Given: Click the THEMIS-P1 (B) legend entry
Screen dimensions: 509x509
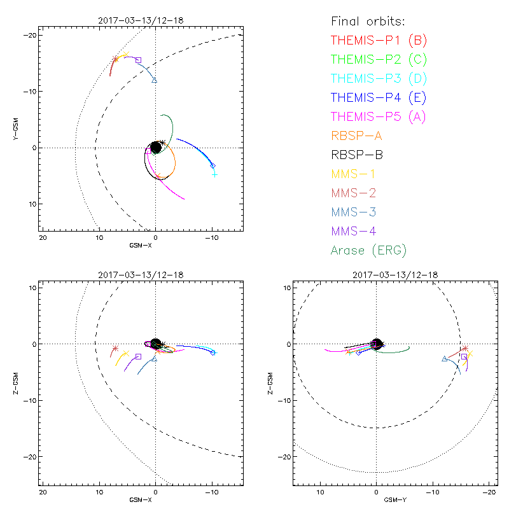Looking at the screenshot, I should (x=379, y=41).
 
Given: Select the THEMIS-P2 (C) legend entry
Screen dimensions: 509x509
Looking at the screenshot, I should (x=379, y=60).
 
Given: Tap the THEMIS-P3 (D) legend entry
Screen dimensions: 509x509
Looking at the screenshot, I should (x=379, y=79).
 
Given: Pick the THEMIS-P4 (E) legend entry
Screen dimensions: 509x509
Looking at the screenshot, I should (x=379, y=98).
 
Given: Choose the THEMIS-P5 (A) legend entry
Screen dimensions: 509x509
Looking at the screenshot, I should (x=379, y=117).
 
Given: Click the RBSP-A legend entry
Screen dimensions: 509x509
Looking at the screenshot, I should (x=356, y=136).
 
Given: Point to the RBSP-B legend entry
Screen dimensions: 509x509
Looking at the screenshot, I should (x=356, y=155).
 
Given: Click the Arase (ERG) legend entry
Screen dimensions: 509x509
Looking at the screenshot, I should (x=368, y=251).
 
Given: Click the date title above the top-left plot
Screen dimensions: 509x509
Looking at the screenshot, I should (x=141, y=20).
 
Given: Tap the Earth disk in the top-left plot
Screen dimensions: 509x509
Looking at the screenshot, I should (x=155, y=147).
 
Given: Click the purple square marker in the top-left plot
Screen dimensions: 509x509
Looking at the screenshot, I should (x=138, y=60).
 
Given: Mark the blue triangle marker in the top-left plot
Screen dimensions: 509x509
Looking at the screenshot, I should (x=154, y=80).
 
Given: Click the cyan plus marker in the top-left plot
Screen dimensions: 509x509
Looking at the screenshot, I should (x=215, y=174).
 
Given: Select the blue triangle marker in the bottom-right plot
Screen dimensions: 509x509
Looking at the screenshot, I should (x=444, y=359).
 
